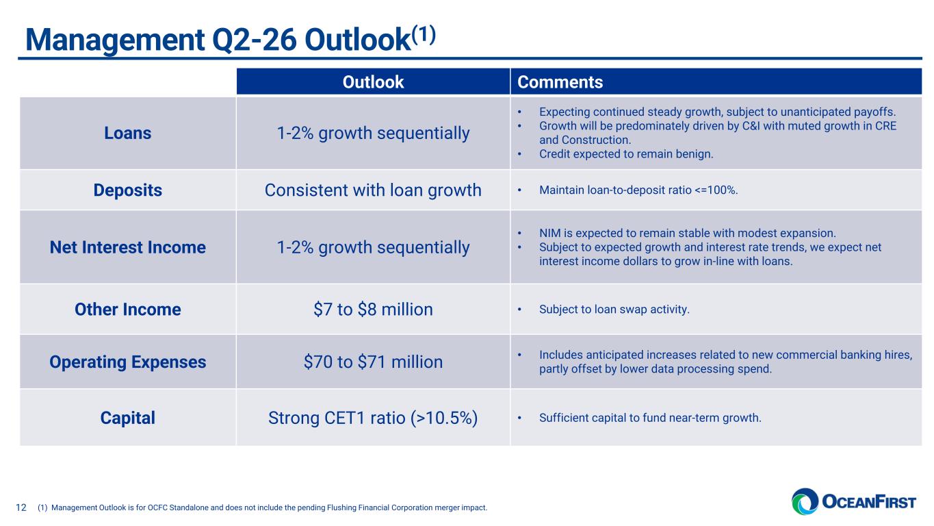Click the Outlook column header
373,83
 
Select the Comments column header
560,83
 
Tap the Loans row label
128,133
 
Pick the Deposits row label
128,190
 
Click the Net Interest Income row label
128,247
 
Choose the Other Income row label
128,310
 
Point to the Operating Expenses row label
128,362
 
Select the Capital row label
128,418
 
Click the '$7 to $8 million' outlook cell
373,310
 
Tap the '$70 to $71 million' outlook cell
373,362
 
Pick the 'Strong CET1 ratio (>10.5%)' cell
373,418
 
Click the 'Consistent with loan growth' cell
373,190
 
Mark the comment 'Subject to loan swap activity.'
614,310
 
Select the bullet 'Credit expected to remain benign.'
625,154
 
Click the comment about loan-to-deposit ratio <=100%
638,190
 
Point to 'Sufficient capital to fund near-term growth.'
649,418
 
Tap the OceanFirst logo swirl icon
805,501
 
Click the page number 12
21,508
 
